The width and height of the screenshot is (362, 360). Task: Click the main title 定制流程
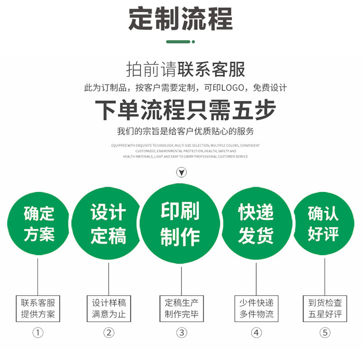click(x=181, y=19)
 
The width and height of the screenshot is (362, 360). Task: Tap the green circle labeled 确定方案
click(x=38, y=223)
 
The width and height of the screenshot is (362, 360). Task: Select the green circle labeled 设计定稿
click(x=108, y=223)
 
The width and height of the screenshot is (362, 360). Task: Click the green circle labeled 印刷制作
click(x=180, y=223)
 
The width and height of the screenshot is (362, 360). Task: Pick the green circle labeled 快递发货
click(x=256, y=223)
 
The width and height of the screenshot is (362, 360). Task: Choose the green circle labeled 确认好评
click(x=323, y=223)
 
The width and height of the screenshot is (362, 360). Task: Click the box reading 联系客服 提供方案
click(x=38, y=308)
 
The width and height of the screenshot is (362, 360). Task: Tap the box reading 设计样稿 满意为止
click(x=109, y=308)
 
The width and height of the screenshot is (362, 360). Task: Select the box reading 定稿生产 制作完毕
click(x=181, y=308)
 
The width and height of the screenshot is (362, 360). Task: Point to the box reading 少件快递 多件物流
click(x=256, y=308)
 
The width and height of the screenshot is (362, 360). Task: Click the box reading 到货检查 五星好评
click(x=325, y=308)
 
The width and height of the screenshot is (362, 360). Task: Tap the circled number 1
click(x=38, y=333)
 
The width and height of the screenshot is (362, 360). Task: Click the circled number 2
click(x=109, y=333)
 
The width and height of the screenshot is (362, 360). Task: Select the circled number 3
click(x=181, y=333)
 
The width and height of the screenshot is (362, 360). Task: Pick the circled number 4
click(x=257, y=333)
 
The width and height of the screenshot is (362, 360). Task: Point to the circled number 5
click(x=325, y=333)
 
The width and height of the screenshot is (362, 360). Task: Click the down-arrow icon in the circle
click(x=181, y=172)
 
